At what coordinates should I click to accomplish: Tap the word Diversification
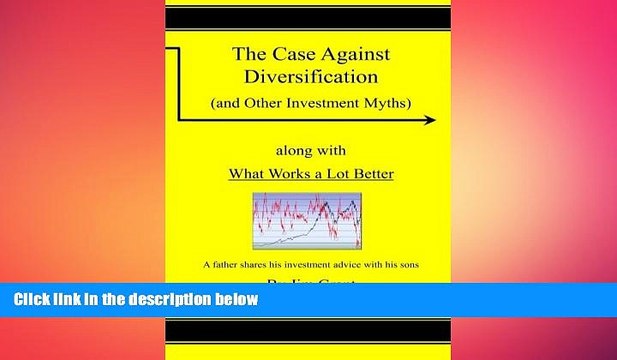308,77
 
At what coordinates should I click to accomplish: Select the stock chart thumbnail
307,223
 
